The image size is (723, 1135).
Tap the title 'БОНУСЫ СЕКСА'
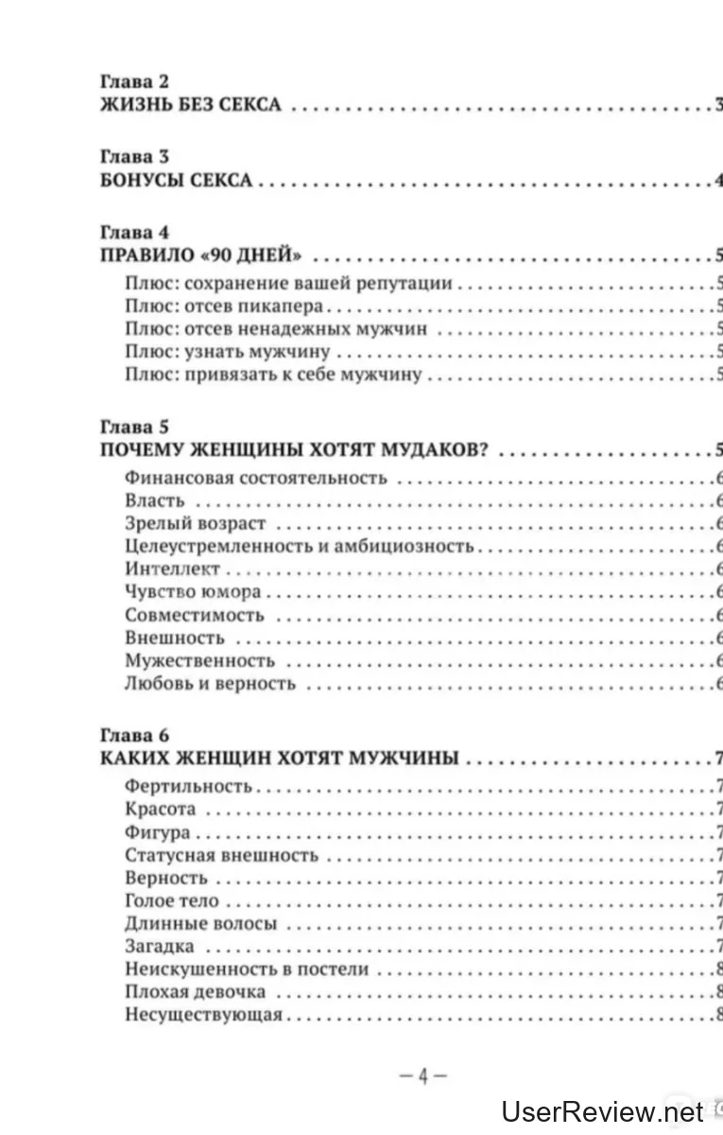pos(176,181)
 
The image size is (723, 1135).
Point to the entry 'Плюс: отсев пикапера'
pos(225,306)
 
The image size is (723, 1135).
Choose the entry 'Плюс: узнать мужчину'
pos(227,352)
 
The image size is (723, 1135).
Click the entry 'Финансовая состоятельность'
pos(255,479)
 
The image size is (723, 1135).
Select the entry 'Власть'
pos(154,501)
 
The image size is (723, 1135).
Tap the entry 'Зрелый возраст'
pos(195,524)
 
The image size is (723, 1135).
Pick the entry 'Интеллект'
pos(172,569)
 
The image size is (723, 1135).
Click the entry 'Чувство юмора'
pos(193,592)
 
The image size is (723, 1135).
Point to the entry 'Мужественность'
pos(199,660)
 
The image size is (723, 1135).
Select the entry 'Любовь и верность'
pos(210,683)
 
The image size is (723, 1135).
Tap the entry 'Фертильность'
pos(188,786)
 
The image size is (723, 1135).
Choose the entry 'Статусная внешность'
pos(220,855)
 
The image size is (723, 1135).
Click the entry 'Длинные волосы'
pos(200,923)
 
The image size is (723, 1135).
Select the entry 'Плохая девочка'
pos(195,992)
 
